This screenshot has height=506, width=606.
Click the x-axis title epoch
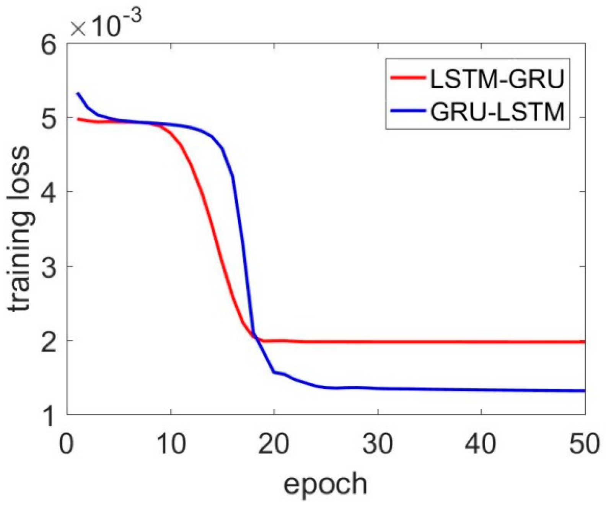325,484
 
